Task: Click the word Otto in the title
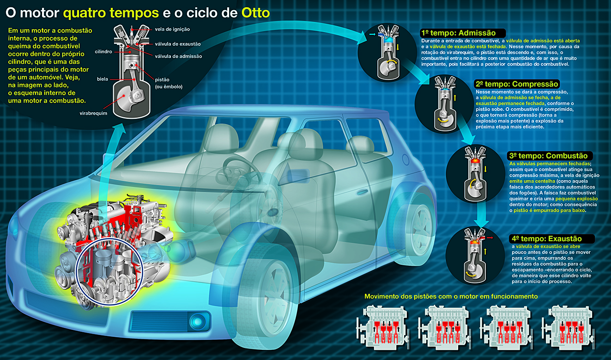255,13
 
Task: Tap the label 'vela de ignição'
172,29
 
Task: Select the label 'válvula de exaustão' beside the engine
178,44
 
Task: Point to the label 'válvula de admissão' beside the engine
178,56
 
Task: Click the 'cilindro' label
103,52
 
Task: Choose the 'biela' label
103,79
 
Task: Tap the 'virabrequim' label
93,113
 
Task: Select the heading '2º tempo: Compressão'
517,84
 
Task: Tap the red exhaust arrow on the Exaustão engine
490,238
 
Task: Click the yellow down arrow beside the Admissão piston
398,47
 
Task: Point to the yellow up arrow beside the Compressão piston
455,98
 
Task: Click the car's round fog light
198,321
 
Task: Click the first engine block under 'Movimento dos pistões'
383,328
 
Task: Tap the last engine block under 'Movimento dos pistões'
569,328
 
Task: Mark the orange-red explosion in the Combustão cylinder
475,161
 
